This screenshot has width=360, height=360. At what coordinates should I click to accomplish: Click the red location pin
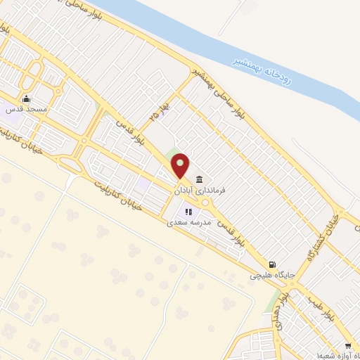point(181,166)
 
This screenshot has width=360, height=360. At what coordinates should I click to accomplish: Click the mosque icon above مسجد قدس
point(27,98)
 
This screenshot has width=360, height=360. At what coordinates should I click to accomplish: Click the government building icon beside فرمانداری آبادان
point(200,179)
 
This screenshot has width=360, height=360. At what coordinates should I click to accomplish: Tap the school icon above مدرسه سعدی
point(188,212)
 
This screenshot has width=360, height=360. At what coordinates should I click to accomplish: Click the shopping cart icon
point(348,346)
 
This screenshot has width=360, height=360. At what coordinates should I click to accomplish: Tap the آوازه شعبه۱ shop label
point(324,356)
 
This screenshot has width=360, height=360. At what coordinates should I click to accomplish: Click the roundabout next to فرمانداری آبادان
point(206,202)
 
